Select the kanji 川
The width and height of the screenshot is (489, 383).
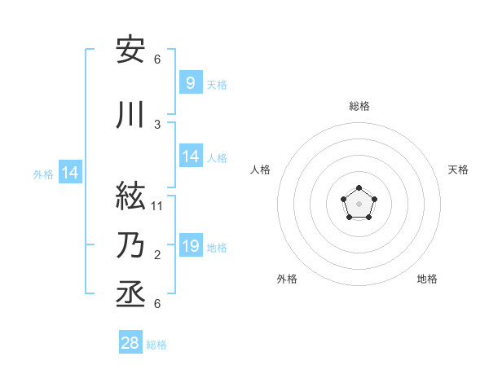(x=130, y=116)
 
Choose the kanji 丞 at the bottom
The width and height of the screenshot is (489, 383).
(x=130, y=290)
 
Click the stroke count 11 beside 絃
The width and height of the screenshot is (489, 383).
(x=157, y=205)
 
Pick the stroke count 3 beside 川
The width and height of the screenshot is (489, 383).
(x=157, y=125)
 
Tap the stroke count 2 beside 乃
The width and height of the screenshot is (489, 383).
(x=157, y=255)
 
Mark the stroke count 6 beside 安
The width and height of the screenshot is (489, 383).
(x=157, y=59)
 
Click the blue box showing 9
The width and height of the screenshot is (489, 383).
(x=190, y=83)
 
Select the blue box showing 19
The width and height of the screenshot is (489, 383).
(x=190, y=246)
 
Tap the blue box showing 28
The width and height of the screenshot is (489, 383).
(x=130, y=343)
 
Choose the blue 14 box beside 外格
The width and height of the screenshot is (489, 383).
(x=70, y=173)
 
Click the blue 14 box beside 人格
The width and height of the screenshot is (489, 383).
(x=190, y=156)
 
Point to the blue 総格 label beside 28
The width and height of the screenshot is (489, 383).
(x=156, y=345)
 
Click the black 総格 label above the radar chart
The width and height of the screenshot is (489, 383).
(x=359, y=106)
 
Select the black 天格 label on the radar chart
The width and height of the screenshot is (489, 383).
(x=459, y=169)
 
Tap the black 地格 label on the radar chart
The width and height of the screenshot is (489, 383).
(x=427, y=279)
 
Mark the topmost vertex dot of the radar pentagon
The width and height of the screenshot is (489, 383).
(x=359, y=188)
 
